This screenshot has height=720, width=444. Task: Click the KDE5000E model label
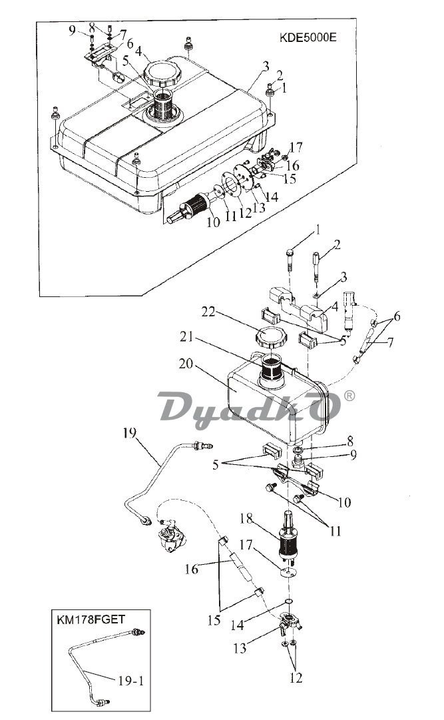308,37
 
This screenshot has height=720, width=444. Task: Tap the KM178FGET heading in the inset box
91,620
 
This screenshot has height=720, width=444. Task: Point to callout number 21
186,336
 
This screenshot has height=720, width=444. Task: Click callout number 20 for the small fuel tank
186,364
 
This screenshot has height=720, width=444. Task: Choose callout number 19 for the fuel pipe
130,432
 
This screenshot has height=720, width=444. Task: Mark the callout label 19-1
131,681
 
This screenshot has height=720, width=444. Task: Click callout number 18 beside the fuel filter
246,518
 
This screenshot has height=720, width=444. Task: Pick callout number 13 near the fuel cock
240,648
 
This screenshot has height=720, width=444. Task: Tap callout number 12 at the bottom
296,677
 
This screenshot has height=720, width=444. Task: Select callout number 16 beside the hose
192,569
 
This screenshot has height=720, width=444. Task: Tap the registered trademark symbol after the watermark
349,396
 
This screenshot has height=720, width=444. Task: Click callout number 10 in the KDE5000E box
213,222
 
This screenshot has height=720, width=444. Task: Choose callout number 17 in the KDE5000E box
296,147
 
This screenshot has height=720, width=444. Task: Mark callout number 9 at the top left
72,31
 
